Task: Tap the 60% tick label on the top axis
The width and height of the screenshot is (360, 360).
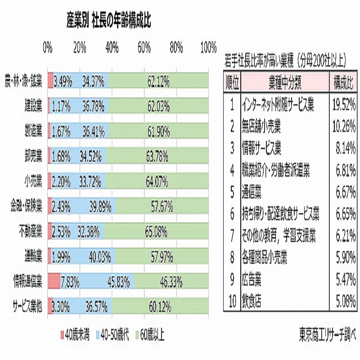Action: click(144, 47)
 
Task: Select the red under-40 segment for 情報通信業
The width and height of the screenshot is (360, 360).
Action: click(54, 282)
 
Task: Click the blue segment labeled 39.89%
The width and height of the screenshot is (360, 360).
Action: click(82, 208)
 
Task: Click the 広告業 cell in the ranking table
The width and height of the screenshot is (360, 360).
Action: click(252, 280)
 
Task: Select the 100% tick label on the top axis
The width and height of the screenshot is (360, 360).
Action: click(208, 47)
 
